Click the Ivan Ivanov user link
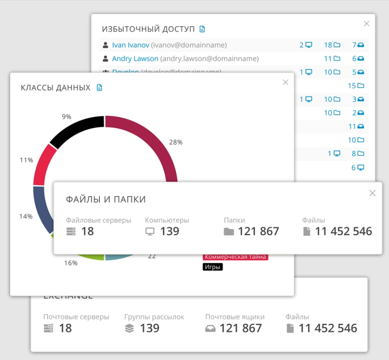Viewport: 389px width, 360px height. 131,45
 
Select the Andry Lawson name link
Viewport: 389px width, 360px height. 135,58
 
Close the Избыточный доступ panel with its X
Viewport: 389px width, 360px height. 367,24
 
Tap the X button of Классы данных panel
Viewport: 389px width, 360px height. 285,82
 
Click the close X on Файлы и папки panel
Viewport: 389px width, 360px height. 373,193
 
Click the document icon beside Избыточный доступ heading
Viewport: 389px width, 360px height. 202,29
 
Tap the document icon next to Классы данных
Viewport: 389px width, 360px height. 99,88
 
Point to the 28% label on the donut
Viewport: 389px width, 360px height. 176,142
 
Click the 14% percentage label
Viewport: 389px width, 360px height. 26,216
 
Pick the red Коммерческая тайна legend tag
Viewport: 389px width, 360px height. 236,257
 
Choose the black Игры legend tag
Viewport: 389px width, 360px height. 213,267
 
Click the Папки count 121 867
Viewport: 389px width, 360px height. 258,231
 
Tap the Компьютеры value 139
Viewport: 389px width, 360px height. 169,231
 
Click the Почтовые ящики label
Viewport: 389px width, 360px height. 235,317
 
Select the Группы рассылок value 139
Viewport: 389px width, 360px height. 150,328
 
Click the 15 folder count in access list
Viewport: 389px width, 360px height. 356,86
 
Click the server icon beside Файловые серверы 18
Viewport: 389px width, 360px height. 71,231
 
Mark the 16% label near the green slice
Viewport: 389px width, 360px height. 71,263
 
